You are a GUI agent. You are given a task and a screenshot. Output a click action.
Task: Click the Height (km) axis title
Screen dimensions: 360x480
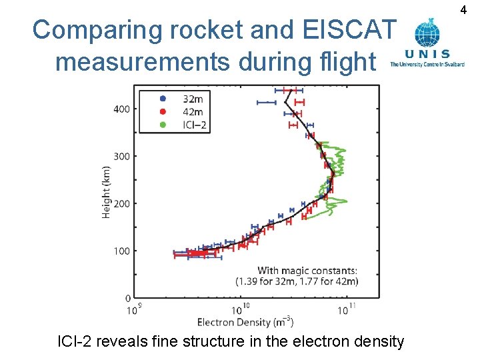(106, 191)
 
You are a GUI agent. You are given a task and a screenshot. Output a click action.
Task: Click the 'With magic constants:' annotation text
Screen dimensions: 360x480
(307, 271)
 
